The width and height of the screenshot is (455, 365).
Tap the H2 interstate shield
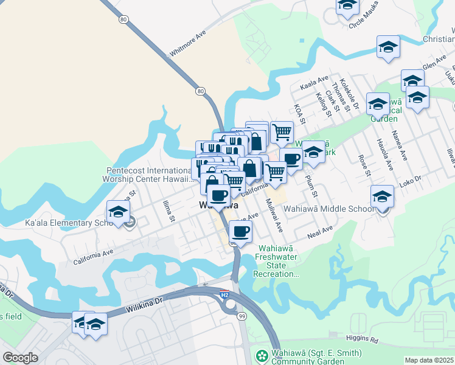click(x=224, y=295)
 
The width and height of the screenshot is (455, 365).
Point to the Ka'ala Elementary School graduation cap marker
click(x=118, y=212)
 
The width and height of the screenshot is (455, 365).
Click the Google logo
click(x=20, y=358)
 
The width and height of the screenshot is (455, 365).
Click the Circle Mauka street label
click(x=367, y=23)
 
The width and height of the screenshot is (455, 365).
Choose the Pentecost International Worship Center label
click(x=149, y=175)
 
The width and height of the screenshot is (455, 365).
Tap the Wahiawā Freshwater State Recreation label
click(x=277, y=261)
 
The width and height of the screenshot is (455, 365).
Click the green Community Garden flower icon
click(x=262, y=354)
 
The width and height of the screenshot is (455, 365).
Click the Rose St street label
click(x=364, y=164)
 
